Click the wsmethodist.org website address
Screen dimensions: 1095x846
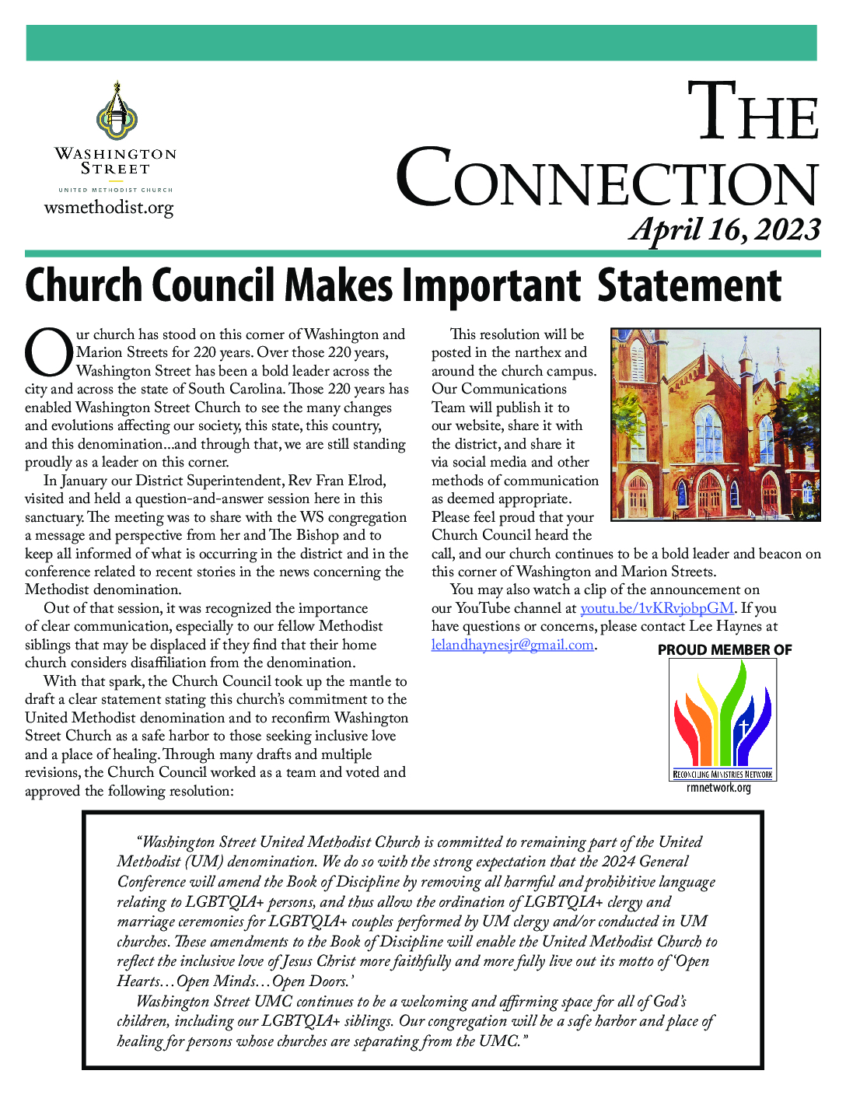coord(109,208)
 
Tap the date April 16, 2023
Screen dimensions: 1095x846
coord(725,229)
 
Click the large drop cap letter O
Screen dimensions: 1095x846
coord(48,353)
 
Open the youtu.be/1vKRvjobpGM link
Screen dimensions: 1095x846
coord(656,608)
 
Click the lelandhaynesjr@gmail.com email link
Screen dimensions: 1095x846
coord(512,645)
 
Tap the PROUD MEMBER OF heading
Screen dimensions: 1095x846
coord(725,650)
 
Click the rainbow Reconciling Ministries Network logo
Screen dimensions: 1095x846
coord(723,719)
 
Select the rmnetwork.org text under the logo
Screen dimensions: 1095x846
coord(718,788)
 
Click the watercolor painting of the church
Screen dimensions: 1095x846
coord(715,424)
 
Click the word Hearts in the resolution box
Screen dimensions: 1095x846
coord(138,981)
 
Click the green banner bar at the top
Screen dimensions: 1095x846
coord(421,43)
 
